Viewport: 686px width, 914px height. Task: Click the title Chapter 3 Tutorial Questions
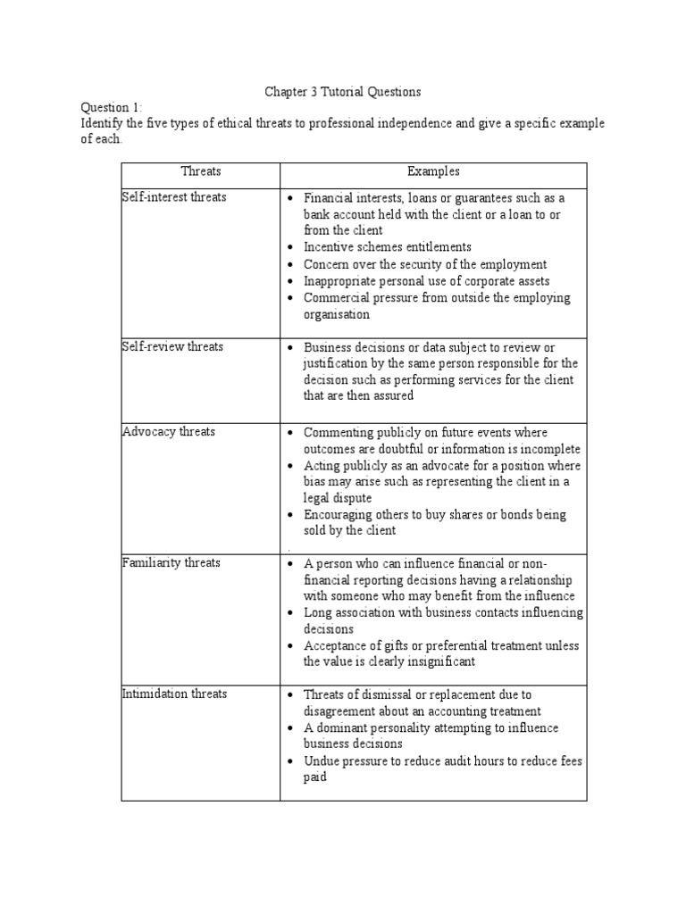[343, 91]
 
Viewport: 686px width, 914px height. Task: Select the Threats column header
[200, 171]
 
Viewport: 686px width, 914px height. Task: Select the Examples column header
[433, 171]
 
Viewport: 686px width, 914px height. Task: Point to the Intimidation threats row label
[174, 694]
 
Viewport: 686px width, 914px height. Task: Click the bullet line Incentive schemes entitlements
[388, 247]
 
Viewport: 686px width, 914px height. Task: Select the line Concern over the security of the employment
[425, 264]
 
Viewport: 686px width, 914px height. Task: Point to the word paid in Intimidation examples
[315, 777]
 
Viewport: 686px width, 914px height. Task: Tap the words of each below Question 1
[99, 140]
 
